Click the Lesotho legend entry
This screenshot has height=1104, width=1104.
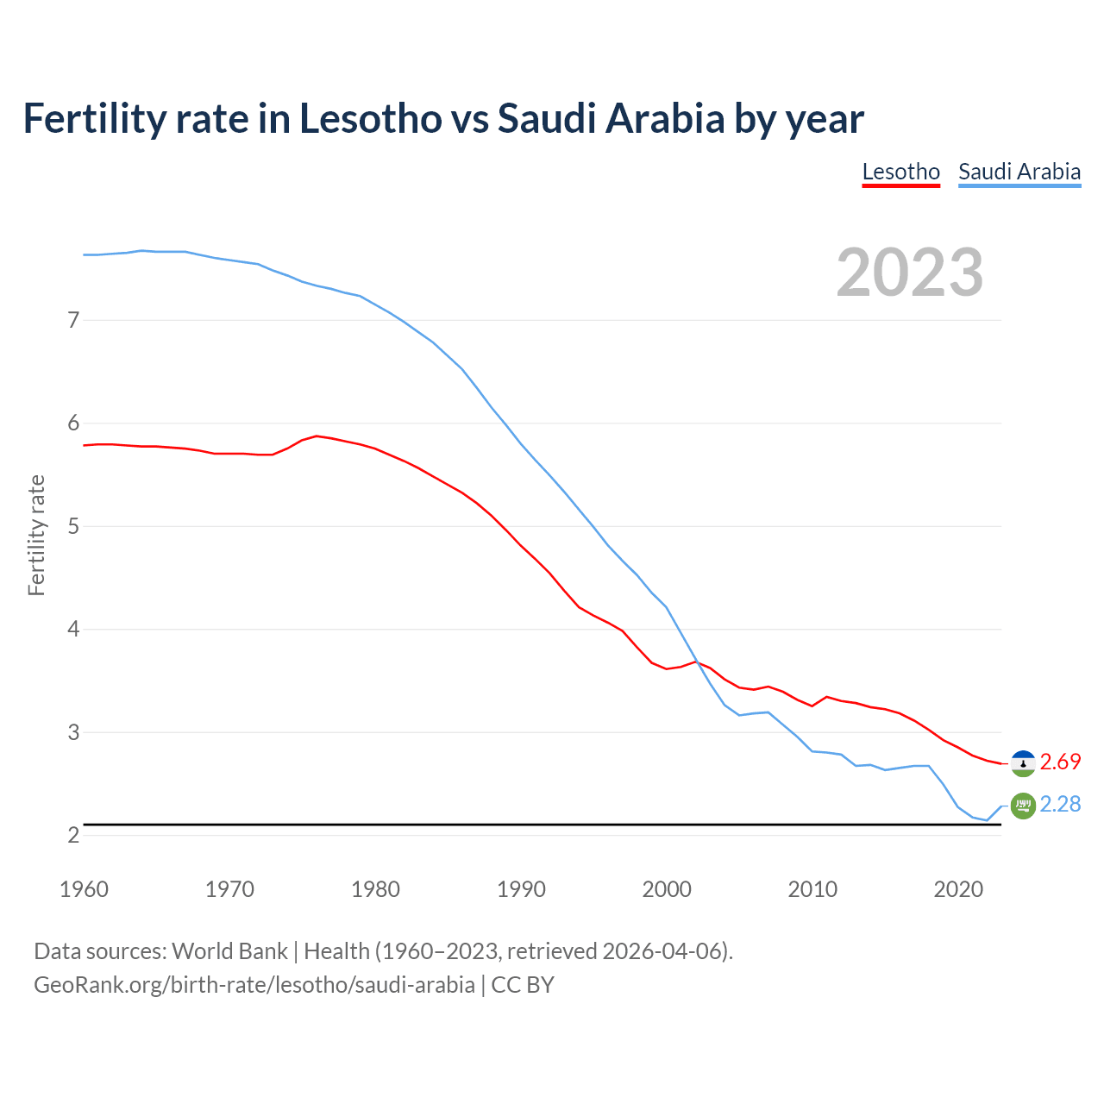pos(900,172)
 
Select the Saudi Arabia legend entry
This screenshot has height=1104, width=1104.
pos(1019,172)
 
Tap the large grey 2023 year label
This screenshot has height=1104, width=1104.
pos(909,273)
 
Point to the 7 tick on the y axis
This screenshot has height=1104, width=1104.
pos(73,321)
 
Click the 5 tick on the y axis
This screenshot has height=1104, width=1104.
pos(73,526)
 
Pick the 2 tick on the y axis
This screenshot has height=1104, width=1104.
pos(73,835)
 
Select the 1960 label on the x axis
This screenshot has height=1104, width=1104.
pos(84,889)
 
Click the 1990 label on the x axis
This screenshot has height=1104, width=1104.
pos(521,889)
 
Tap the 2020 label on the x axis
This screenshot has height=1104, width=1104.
pos(958,889)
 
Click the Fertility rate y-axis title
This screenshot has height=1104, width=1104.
pos(36,535)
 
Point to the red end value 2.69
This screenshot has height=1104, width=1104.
pos(1060,762)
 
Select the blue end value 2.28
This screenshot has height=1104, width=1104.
pos(1060,804)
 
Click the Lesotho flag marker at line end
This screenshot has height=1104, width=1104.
pos(1023,763)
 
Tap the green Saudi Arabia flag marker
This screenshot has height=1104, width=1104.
pos(1023,806)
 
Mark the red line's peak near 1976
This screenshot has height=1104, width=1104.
pos(317,436)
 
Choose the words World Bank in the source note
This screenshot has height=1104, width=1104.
pos(229,951)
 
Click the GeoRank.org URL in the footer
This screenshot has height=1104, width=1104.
pos(254,985)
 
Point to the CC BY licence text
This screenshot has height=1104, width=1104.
pos(523,985)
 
